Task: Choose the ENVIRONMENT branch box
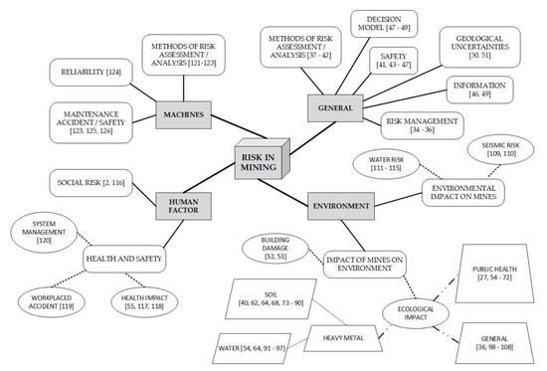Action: (x=342, y=206)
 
